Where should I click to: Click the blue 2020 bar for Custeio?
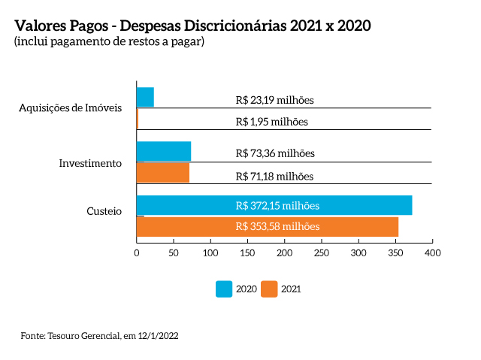click(274, 205)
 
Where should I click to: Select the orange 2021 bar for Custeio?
click(267, 226)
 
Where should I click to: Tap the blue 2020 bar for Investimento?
click(163, 151)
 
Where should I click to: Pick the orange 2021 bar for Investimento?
click(162, 173)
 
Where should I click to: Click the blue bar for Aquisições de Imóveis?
click(145, 97)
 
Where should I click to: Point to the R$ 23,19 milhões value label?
click(274, 99)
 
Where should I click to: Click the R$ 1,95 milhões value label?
click(271, 121)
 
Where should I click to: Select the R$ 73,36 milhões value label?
click(274, 153)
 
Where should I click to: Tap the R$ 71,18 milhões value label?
click(274, 177)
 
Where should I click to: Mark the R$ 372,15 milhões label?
click(277, 205)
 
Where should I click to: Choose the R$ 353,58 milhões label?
click(277, 226)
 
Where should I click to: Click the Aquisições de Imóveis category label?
click(70, 108)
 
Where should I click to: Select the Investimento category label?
click(90, 163)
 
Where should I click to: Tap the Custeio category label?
click(104, 212)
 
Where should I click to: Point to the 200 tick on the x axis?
click(284, 254)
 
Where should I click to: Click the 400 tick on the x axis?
click(432, 254)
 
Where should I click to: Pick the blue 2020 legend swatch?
click(224, 289)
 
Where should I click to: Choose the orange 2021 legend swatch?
click(269, 289)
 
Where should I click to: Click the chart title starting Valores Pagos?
click(192, 26)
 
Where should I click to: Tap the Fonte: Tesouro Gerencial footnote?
click(99, 335)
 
